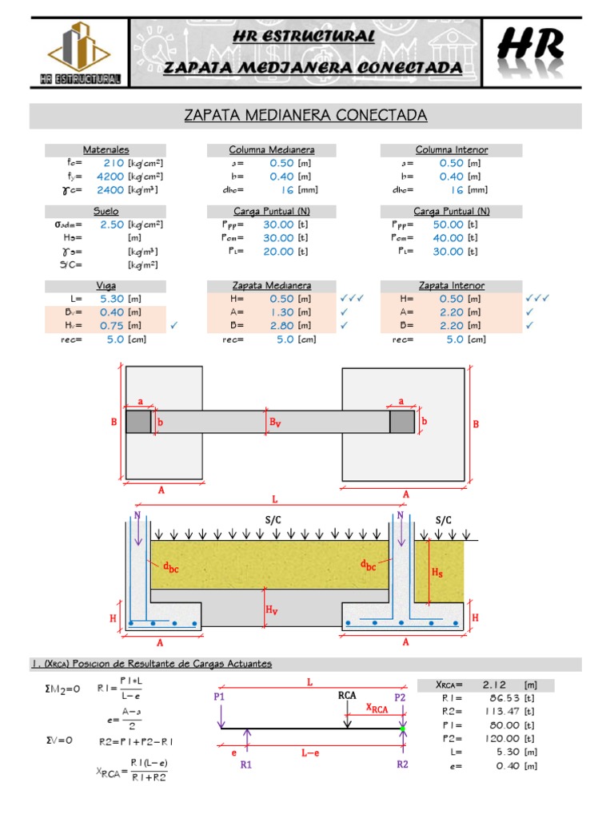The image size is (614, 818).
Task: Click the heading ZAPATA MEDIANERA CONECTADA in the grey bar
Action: coord(306,116)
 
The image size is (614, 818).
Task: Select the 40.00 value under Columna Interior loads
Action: coord(449,238)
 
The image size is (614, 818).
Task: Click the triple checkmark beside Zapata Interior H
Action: coord(538,299)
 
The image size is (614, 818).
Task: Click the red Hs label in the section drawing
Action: coord(437,573)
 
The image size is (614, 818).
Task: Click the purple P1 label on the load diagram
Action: coord(220,697)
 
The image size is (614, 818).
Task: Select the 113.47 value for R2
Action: coord(496,711)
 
